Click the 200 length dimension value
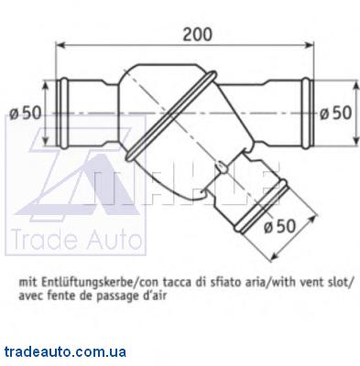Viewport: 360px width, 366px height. [197, 34]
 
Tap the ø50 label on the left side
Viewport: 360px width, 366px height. [25, 113]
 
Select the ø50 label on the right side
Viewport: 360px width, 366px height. [336, 113]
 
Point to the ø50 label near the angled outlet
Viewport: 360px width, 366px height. [280, 226]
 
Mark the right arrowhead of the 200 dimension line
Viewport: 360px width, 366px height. [309, 46]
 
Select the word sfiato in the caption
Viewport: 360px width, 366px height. [224, 283]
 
